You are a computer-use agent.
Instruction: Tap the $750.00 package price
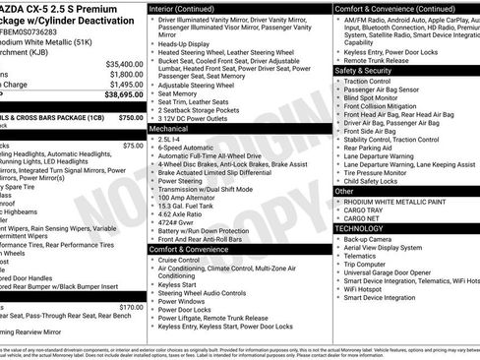(130, 116)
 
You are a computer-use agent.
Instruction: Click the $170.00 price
(132, 307)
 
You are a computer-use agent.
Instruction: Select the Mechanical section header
(169, 128)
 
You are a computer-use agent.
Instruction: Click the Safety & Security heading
(364, 71)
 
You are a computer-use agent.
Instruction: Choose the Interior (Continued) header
(190, 7)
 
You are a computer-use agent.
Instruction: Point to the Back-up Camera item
(368, 238)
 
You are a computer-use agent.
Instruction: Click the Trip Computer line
(364, 264)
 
